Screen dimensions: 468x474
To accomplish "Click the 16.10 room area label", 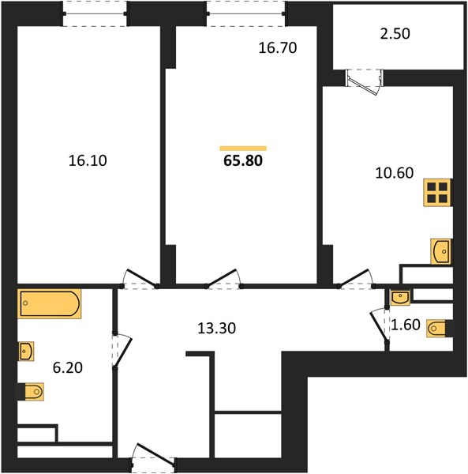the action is tap(88, 160).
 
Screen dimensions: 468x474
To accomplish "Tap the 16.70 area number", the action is tap(278, 48).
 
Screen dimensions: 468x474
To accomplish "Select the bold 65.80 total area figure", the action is tap(243, 160).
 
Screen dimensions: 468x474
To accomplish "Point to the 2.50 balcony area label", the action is tap(395, 33).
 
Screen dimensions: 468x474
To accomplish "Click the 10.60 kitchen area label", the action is tap(395, 173).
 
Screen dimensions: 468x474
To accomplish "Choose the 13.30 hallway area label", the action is tap(216, 328).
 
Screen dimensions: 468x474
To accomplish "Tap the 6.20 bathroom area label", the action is tap(68, 368).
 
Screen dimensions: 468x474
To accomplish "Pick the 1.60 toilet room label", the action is tap(406, 325).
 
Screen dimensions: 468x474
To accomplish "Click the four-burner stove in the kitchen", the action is tap(437, 193).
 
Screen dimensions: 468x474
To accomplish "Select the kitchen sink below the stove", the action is tap(441, 251).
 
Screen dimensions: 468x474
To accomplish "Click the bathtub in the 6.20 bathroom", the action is tap(50, 303).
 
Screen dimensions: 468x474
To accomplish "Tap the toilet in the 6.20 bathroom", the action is tap(34, 392).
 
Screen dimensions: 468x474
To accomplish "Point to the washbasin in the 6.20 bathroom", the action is tap(26, 352).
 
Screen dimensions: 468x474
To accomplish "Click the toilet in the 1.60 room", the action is tap(436, 329).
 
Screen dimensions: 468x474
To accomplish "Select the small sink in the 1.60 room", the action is tap(400, 298).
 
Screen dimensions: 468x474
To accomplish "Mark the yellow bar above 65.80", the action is tap(243, 149).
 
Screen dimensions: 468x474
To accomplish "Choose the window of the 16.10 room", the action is tap(95, 13).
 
